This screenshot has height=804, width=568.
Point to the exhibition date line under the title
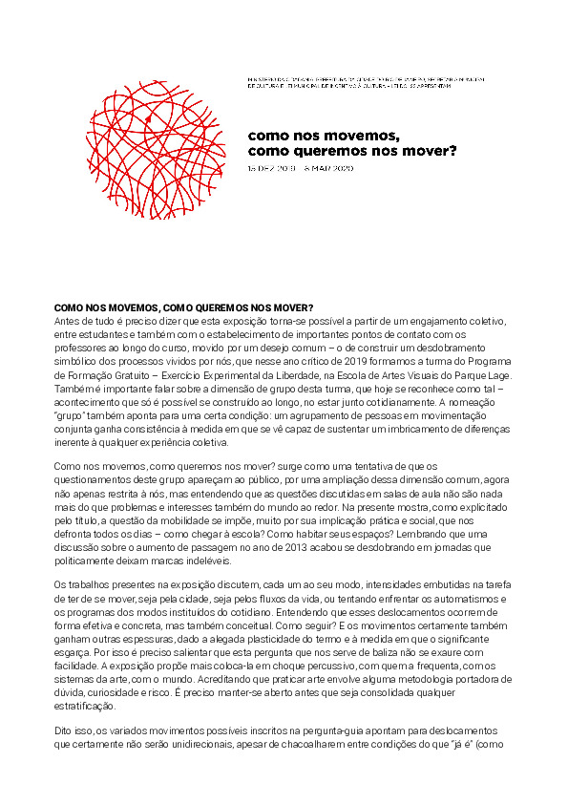coord(300,168)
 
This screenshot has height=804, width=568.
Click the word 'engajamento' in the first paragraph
coord(415,321)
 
